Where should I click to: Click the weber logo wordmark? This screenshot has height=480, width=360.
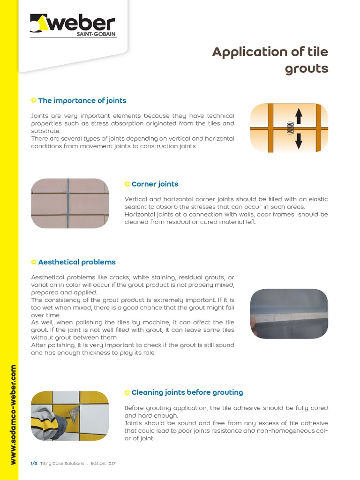click(86, 23)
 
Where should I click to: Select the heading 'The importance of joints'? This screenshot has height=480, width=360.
click(82, 100)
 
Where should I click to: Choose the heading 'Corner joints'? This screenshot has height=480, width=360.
click(155, 184)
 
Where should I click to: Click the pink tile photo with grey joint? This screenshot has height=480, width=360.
click(70, 203)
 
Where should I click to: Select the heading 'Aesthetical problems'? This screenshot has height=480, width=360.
click(76, 262)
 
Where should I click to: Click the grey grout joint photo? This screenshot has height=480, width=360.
click(289, 314)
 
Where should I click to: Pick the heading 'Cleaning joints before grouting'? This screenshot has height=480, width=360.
click(187, 392)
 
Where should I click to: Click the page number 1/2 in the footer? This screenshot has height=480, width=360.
click(33, 464)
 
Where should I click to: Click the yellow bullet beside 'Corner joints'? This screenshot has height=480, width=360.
click(127, 184)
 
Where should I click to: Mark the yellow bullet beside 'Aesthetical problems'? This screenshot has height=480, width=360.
click(33, 262)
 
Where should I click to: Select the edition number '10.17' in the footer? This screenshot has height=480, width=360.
click(111, 464)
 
